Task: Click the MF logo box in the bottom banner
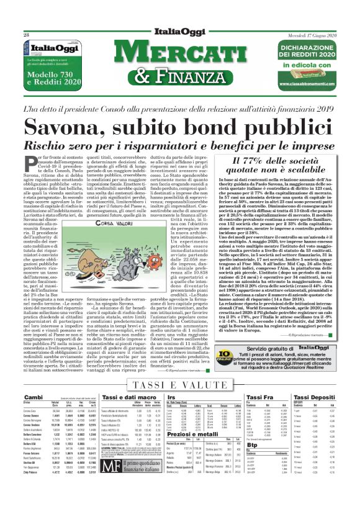113,489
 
